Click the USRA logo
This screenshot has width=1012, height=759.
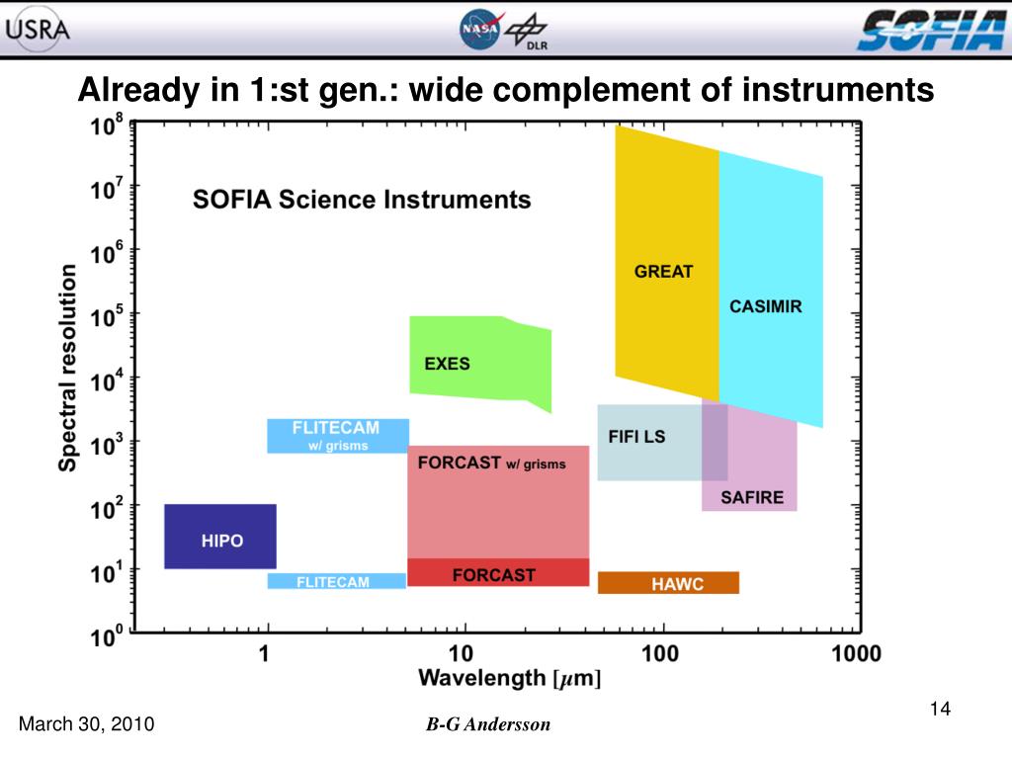coord(38,28)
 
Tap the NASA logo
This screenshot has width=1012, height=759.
coord(480,30)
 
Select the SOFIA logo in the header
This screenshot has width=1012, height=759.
coord(929,30)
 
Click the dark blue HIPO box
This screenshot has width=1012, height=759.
coord(220,537)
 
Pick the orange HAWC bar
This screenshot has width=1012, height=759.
coord(668,583)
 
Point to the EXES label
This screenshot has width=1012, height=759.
coord(447,364)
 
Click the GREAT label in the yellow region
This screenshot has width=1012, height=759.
coord(663,271)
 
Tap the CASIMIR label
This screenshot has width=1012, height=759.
coord(766,306)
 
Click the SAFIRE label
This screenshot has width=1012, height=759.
coord(751,497)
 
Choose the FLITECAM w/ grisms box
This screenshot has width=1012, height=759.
coord(337,436)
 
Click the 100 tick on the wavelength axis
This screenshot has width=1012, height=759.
coord(659,653)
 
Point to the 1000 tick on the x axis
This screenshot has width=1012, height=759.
coord(855,653)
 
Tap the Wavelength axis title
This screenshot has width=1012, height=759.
coord(509,678)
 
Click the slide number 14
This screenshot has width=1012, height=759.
coord(940,709)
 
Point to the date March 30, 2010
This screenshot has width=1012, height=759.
coord(87,724)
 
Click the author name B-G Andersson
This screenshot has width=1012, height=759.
coord(488,724)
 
